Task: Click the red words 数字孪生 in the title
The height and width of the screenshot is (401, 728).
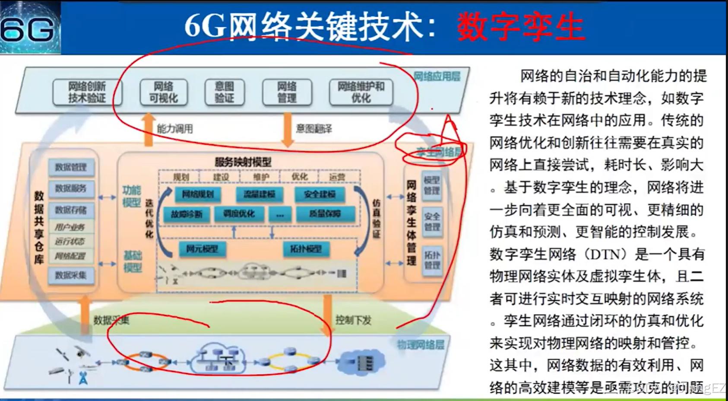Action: click(x=521, y=27)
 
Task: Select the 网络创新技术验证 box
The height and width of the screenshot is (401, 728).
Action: click(x=87, y=92)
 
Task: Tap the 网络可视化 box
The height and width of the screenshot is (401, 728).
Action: click(x=164, y=92)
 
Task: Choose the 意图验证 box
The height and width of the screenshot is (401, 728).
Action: click(x=225, y=92)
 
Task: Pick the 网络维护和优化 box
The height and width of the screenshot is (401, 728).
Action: click(x=361, y=92)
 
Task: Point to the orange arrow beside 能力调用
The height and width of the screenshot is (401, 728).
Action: click(x=148, y=129)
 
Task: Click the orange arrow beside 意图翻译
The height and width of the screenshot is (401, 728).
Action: click(x=287, y=129)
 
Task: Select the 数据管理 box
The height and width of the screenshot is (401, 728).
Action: click(x=71, y=167)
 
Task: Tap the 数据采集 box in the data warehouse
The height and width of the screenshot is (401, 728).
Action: click(x=71, y=275)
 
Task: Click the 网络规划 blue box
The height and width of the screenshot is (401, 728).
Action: click(x=198, y=194)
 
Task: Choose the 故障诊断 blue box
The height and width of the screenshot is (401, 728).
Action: click(x=187, y=214)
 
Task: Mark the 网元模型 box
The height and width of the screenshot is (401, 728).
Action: click(x=202, y=249)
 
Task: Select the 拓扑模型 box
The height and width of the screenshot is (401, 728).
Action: click(x=306, y=249)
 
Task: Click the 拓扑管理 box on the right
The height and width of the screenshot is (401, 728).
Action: click(x=432, y=260)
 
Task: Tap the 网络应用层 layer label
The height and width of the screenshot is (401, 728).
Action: click(x=437, y=76)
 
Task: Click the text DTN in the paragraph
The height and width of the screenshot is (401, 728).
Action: click(x=606, y=254)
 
